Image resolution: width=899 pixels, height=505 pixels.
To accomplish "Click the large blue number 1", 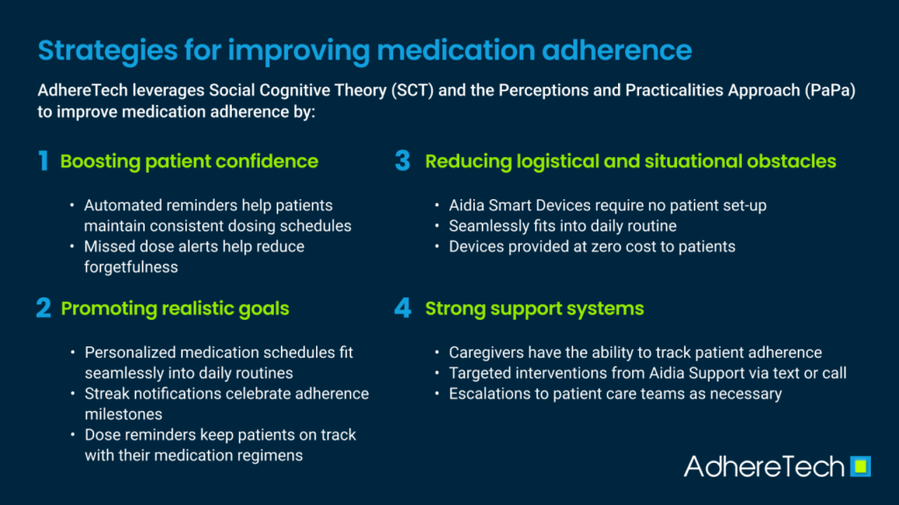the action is [x=44, y=161].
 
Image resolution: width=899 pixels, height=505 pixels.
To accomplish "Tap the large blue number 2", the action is [x=44, y=308].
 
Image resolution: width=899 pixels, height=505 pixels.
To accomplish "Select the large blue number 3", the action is [x=402, y=161].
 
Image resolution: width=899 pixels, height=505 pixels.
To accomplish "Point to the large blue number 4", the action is [x=403, y=308].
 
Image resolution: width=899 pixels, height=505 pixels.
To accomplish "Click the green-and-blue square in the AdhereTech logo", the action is [x=860, y=466].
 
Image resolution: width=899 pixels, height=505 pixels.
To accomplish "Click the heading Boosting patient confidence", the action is [x=190, y=161].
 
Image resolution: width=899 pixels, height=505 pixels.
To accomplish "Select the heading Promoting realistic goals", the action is [x=175, y=309].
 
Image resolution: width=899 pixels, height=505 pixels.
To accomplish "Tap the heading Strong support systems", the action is [x=535, y=309].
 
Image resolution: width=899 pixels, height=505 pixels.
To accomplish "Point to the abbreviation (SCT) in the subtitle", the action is [x=413, y=90].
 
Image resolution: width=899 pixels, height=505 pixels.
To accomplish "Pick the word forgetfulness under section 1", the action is [x=131, y=267].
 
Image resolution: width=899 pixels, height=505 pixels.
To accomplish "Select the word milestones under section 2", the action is [x=123, y=414].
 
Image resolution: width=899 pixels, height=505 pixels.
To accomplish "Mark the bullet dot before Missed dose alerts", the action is [x=72, y=246].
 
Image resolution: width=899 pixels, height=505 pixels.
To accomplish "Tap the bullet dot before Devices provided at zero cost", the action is [x=437, y=246].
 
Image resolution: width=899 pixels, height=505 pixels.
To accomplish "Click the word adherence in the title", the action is [x=617, y=51].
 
